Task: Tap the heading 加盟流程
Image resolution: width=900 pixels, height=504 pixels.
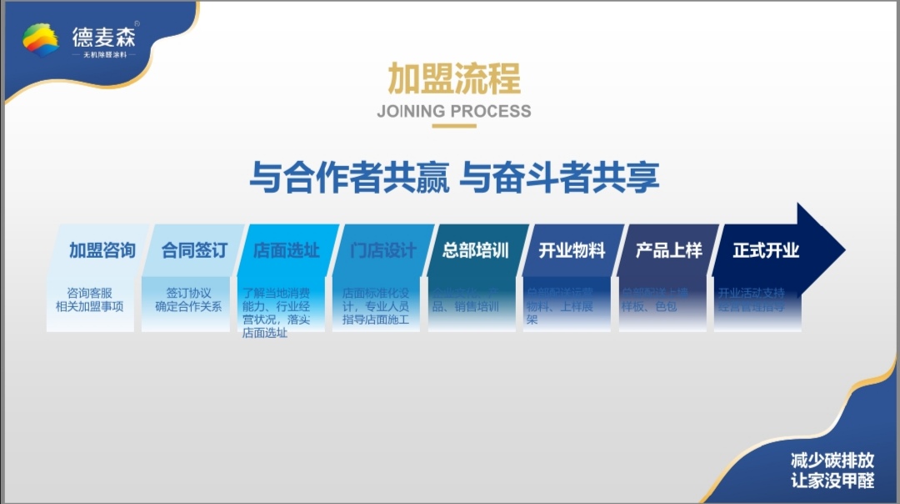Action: [454, 78]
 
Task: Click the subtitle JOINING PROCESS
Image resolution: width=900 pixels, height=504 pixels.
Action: [454, 111]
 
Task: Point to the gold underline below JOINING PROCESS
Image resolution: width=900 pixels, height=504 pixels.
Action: [454, 126]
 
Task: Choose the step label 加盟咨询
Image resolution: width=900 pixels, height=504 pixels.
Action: [102, 250]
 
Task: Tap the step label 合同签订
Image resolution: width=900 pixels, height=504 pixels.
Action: [194, 250]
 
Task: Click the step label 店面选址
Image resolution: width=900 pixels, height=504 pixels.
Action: [286, 250]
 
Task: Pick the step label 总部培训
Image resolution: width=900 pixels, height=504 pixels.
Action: [476, 250]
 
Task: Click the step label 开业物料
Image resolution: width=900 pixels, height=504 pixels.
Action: [572, 250]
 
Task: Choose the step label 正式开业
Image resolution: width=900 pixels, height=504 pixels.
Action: [766, 250]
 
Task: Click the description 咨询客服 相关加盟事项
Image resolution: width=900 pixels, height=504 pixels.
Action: [89, 300]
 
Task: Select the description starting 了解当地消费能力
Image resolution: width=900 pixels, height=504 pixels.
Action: [276, 313]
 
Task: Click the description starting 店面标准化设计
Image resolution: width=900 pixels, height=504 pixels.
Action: [376, 306]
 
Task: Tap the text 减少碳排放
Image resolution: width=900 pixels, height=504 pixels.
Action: [832, 460]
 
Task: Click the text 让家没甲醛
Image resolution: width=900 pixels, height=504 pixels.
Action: [832, 480]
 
